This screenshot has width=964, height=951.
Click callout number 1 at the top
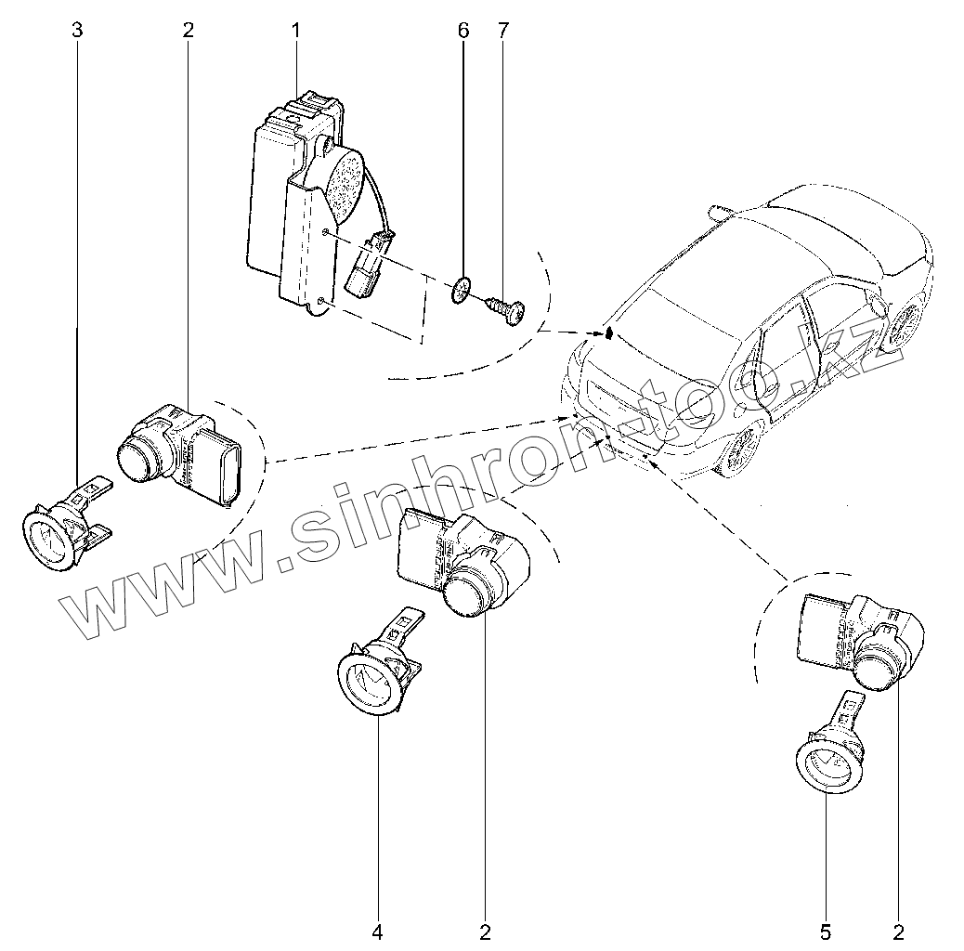tap(296, 31)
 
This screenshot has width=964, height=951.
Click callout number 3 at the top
tap(77, 31)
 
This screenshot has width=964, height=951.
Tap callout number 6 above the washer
tap(463, 31)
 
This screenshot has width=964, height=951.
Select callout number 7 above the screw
tap(502, 31)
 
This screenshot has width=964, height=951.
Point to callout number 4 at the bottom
tap(378, 930)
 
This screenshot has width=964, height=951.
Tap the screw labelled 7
tap(504, 308)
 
